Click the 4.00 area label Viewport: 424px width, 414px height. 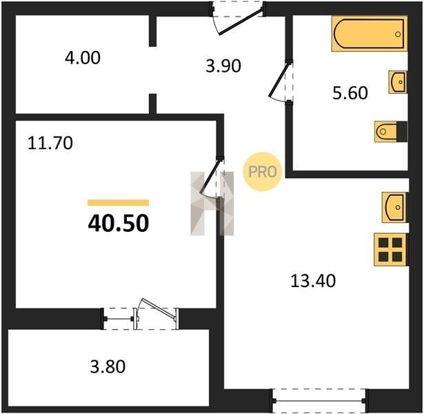pos(83,58)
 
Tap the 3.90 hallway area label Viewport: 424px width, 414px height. pos(223,66)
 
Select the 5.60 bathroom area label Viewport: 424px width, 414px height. pos(350,93)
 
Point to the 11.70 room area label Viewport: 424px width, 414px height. pos(50,143)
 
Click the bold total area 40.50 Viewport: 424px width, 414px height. pos(119,224)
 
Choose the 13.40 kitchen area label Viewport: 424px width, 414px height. pos(313,281)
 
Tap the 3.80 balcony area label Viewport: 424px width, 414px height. pos(108,366)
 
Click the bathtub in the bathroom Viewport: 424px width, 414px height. pos(370,34)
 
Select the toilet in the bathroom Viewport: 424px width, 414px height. pos(391,132)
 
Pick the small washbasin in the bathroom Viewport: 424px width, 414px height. pos(398,82)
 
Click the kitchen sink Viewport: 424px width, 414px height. pos(394,208)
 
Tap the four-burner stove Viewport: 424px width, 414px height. pos(390,250)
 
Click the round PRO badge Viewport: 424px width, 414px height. pos(262,172)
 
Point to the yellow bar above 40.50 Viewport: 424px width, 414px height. pos(119,203)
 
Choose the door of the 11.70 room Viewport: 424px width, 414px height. pos(212,176)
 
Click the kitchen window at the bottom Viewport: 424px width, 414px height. pos(319,400)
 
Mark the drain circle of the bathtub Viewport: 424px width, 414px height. pos(398,34)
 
